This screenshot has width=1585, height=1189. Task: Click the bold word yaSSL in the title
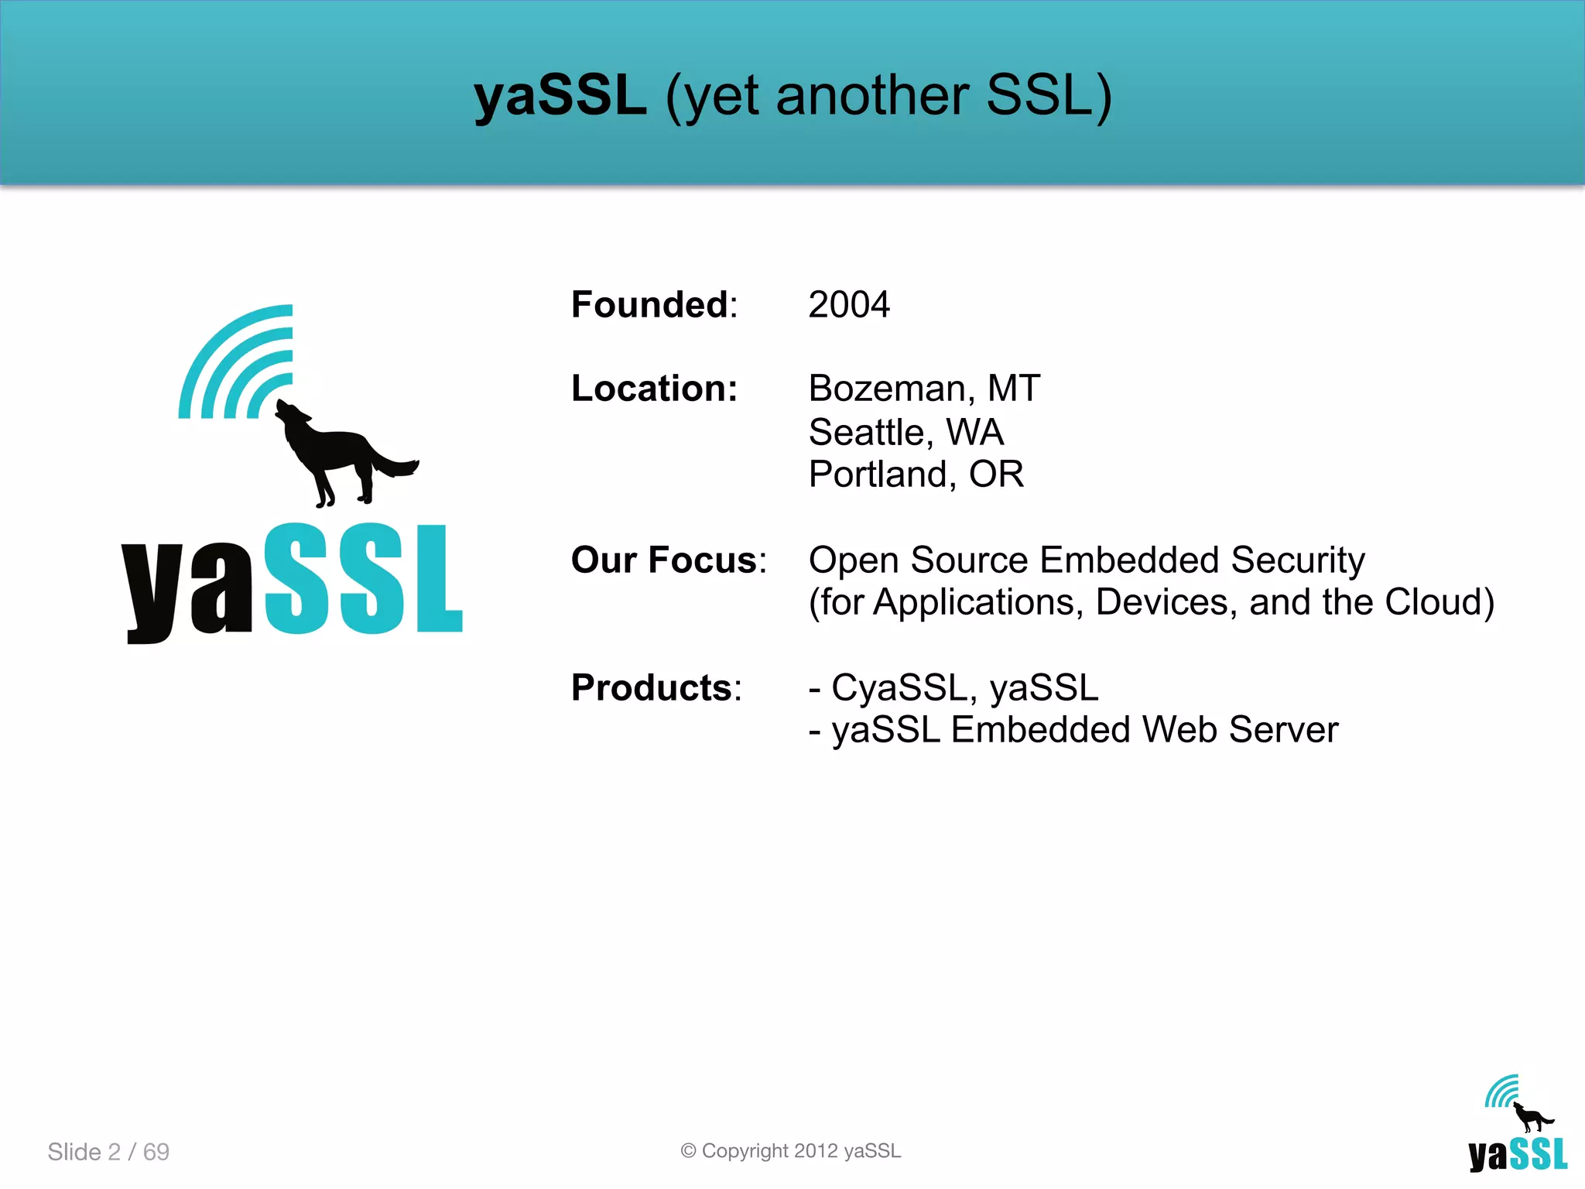click(560, 96)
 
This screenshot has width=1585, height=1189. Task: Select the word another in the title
click(872, 96)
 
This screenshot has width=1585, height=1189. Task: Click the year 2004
click(849, 304)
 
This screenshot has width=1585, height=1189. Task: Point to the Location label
click(654, 388)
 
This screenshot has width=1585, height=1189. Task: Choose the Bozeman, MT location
click(924, 388)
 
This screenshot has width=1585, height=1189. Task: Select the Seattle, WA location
click(905, 431)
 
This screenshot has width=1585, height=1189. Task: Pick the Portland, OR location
click(916, 474)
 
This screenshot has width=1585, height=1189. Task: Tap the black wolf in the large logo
click(341, 453)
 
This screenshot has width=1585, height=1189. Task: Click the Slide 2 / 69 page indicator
click(108, 1152)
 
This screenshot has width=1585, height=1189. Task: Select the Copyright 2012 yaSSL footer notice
click(791, 1151)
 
